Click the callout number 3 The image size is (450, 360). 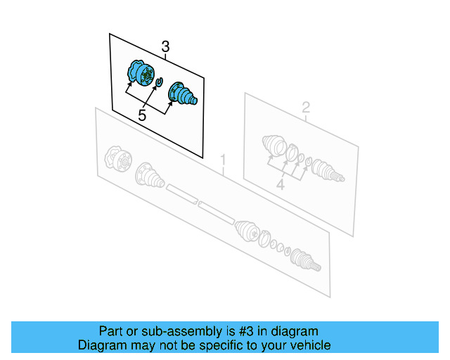(165, 47)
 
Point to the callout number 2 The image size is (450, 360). (306, 108)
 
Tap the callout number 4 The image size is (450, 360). (280, 185)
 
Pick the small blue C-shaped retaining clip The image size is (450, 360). (159, 84)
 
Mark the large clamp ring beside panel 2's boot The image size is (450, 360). (290, 155)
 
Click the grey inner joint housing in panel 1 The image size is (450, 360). (114, 158)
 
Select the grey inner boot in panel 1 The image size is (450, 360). (150, 175)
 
